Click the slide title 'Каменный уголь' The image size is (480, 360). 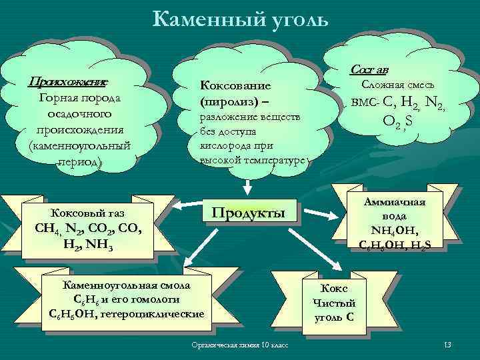[240, 19]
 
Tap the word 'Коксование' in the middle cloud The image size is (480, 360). [231, 87]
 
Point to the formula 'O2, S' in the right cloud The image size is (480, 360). [398, 123]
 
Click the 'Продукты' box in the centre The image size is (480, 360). [248, 213]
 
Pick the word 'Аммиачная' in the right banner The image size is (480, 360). [399, 205]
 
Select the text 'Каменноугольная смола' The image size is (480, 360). [127, 285]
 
